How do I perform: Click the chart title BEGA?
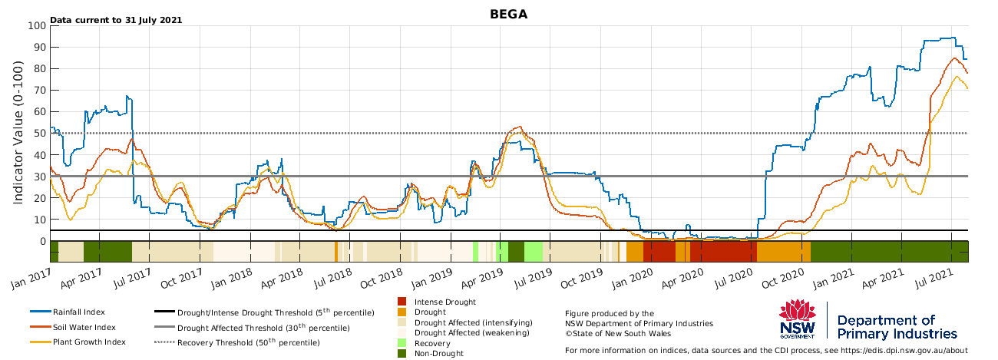click(x=508, y=15)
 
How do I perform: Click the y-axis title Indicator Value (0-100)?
click(x=18, y=133)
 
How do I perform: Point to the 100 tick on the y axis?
click(x=37, y=25)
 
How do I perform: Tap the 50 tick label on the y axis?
click(x=40, y=134)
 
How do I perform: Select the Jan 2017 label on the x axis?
click(x=31, y=279)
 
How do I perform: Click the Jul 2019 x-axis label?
click(x=533, y=279)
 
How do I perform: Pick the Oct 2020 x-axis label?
click(x=783, y=279)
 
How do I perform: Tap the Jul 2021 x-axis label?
click(x=934, y=279)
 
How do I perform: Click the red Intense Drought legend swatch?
click(x=402, y=302)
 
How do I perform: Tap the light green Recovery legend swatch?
click(x=402, y=343)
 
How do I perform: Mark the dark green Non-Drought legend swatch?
click(x=402, y=353)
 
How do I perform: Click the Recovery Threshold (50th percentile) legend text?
click(x=249, y=342)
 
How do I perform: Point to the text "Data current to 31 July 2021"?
click(x=116, y=20)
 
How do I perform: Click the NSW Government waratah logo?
click(x=798, y=319)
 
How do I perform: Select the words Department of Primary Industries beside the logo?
click(x=897, y=327)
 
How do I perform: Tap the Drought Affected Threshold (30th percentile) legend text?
click(x=263, y=328)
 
